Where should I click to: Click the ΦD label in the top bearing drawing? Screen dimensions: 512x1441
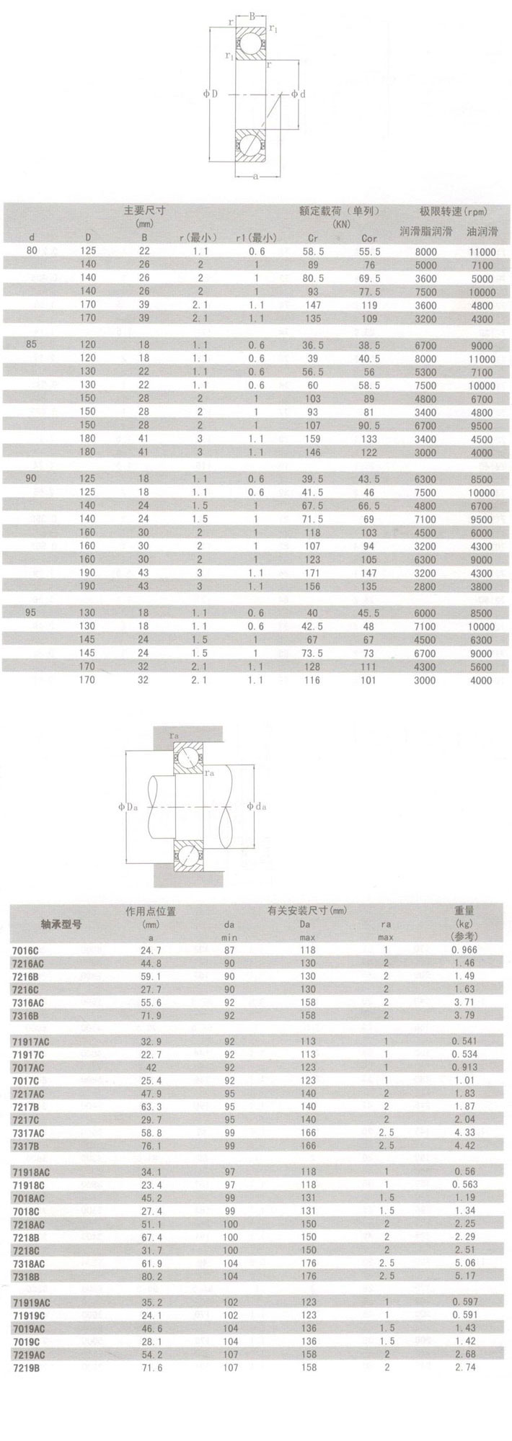pos(210,93)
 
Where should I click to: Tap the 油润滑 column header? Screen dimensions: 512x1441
pos(482,232)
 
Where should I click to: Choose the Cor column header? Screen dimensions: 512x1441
pos(369,238)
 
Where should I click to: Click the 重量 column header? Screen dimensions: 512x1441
pos(464,911)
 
